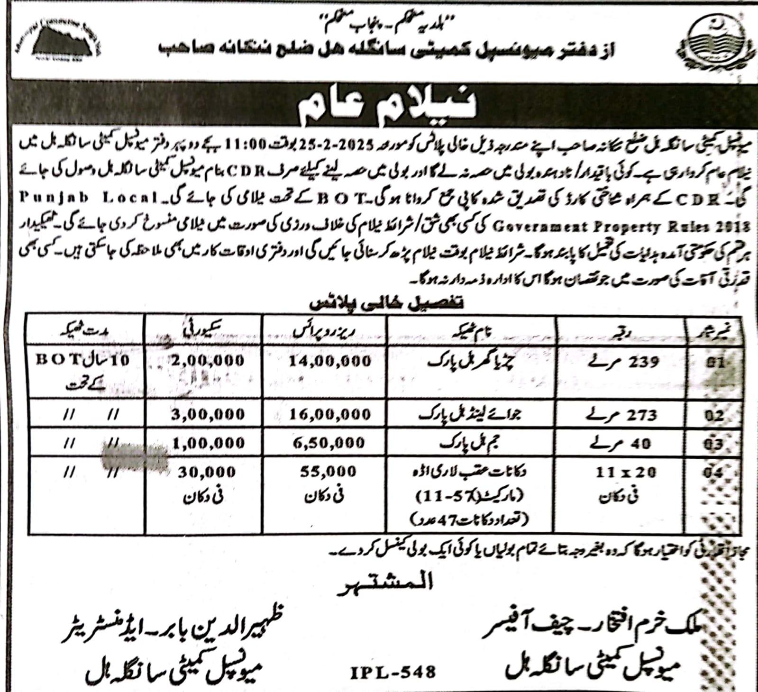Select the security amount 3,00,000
[x=208, y=414]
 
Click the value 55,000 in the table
[x=328, y=472]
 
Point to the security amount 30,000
[x=207, y=472]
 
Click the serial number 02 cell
[x=714, y=416]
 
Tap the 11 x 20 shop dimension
[x=626, y=472]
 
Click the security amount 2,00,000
[x=208, y=360]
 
